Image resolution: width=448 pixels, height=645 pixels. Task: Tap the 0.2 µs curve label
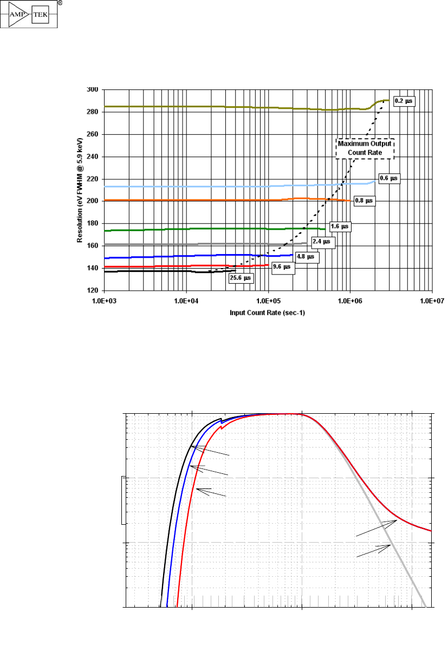click(x=404, y=101)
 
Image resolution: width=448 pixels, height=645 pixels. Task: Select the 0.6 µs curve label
click(x=389, y=178)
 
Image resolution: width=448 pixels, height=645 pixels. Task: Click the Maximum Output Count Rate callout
click(x=365, y=148)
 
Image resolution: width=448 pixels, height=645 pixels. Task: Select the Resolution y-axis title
click(x=80, y=190)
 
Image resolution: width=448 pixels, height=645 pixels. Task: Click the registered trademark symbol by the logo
click(x=59, y=3)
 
